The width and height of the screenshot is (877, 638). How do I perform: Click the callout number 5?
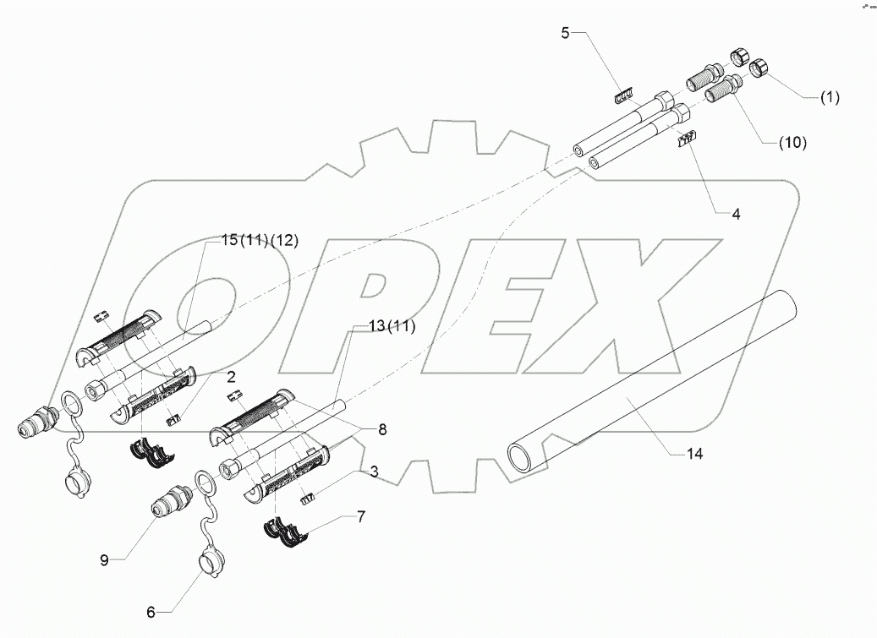[x=566, y=33]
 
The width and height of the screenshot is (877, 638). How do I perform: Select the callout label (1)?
[x=829, y=97]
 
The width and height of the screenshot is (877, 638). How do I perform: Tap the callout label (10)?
[x=792, y=143]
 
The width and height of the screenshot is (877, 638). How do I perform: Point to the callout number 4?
[x=736, y=215]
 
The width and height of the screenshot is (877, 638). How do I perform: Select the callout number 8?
[x=382, y=429]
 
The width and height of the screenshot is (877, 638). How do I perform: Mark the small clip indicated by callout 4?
[x=685, y=139]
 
